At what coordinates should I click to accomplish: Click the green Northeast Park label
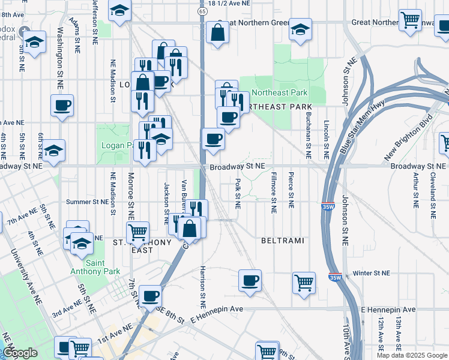point(279,92)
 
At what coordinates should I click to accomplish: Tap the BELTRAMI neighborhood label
point(282,241)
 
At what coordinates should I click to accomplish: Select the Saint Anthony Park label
point(86,268)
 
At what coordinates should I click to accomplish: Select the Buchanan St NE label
point(308,133)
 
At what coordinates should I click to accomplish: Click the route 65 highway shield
point(203,11)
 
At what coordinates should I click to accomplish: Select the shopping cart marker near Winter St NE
point(304,282)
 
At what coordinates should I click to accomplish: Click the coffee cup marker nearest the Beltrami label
point(250,281)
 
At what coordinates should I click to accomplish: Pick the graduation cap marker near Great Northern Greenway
point(300,30)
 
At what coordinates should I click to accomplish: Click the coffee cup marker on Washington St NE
point(62,106)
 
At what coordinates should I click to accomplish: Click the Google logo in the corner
point(20,353)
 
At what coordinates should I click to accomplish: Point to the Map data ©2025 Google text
point(411,355)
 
